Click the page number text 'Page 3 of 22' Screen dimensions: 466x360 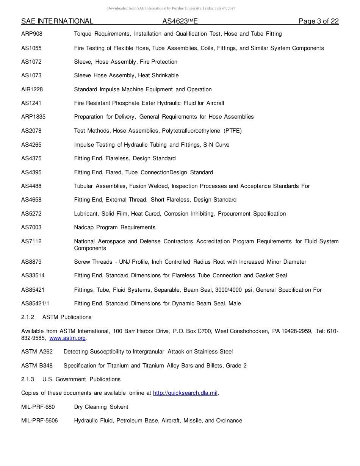tap(318, 21)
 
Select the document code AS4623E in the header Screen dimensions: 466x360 tap(180, 22)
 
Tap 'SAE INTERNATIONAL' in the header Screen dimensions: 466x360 tap(57, 22)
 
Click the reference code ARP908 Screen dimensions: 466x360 tap(32, 34)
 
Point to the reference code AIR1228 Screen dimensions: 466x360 tap(32, 89)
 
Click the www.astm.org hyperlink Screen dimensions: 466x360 tap(67, 338)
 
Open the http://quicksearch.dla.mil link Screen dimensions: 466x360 tap(185, 393)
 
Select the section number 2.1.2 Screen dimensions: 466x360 tap(28, 317)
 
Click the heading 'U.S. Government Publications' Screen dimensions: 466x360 tap(81, 379)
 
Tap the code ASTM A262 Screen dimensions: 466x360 tap(37, 352)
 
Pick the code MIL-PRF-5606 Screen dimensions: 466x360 tap(39, 421)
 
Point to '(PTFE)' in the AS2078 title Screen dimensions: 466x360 tap(233, 131)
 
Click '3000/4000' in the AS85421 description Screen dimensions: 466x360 tap(229, 290)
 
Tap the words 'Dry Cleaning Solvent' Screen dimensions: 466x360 tap(101, 407)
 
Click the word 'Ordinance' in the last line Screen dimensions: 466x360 tap(229, 421)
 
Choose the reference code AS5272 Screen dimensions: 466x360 tap(31, 214)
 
